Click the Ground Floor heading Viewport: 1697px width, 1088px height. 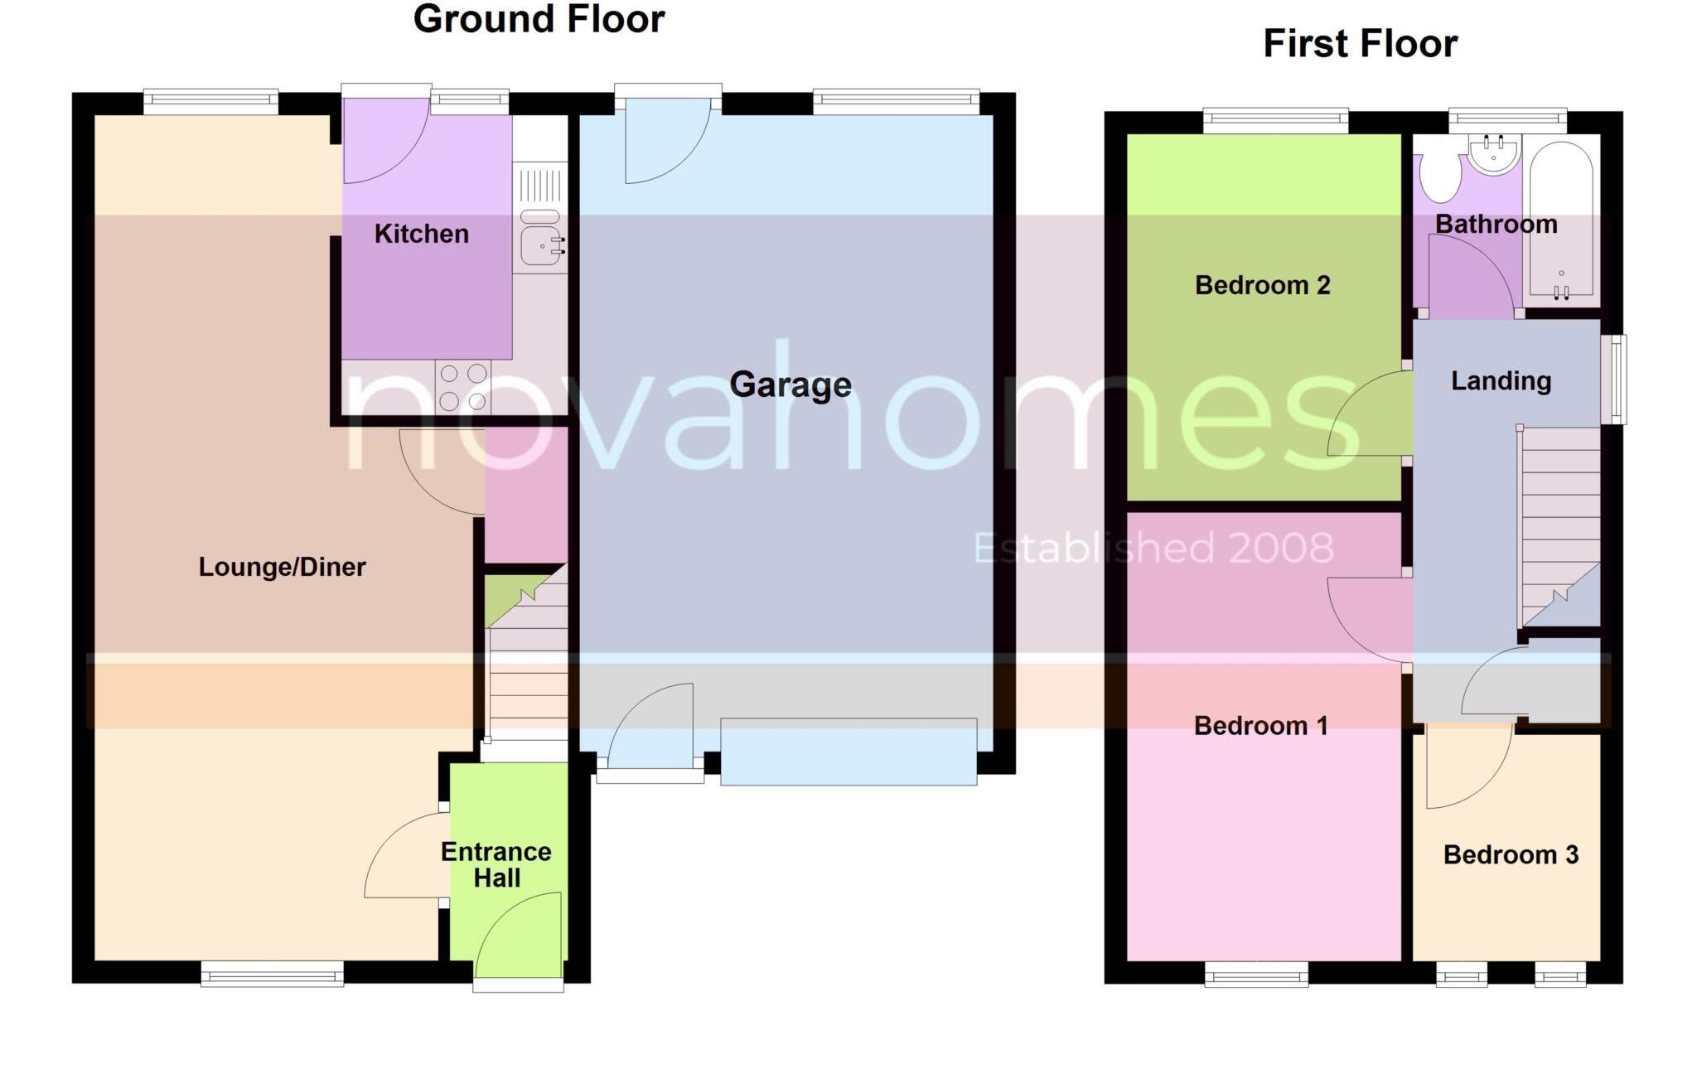tap(539, 19)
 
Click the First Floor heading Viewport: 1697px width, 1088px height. tap(1360, 43)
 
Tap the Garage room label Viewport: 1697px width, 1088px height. tap(790, 384)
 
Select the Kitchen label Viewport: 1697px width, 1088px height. tap(421, 234)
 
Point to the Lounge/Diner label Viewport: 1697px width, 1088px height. tap(282, 567)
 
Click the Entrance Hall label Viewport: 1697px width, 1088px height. tap(496, 864)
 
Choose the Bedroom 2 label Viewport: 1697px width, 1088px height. tap(1262, 285)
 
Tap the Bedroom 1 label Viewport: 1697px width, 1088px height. tap(1260, 726)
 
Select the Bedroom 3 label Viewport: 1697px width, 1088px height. tap(1511, 854)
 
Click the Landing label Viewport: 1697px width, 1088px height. tap(1501, 380)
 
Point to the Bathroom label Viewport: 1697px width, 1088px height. tap(1496, 224)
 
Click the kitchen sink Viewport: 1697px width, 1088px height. tap(540, 244)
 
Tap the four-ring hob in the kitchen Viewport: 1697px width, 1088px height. tap(463, 387)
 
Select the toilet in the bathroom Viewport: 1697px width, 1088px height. tap(1440, 174)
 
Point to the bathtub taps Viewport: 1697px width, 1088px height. tap(1561, 290)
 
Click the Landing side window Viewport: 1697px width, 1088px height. tap(1613, 379)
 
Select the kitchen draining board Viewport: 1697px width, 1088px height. tap(540, 186)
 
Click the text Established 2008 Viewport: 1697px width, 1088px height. tap(1153, 548)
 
